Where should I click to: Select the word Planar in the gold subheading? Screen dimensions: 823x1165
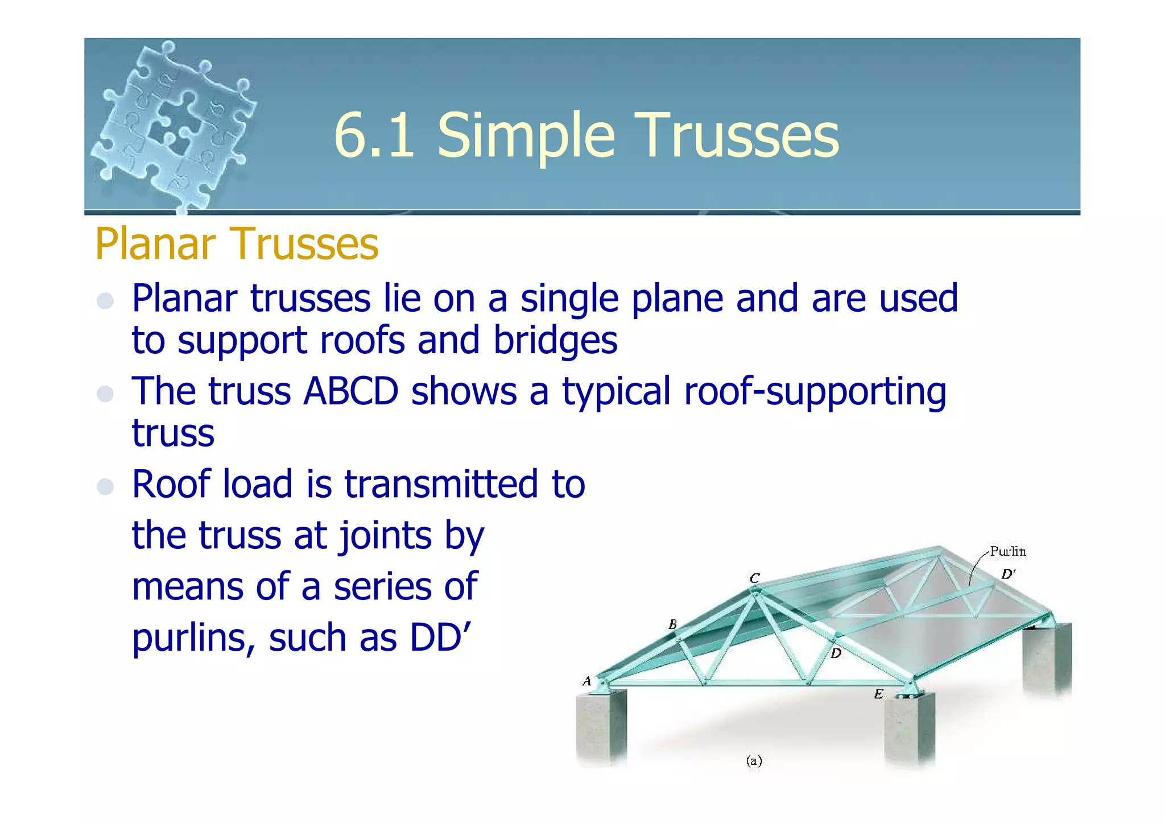(153, 243)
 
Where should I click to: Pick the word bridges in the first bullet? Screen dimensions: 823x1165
(555, 340)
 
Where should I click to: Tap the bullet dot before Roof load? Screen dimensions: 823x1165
(105, 486)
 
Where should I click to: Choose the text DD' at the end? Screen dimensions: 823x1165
(441, 637)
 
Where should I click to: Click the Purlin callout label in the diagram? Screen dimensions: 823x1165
(1007, 551)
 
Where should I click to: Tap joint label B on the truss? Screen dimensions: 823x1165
(672, 625)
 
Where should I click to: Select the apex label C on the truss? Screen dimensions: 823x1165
(755, 578)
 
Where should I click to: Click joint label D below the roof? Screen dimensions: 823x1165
(836, 654)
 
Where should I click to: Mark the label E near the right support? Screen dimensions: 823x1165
(878, 694)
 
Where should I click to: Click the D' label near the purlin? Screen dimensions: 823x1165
(1008, 574)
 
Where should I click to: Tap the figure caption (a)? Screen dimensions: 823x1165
(754, 761)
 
